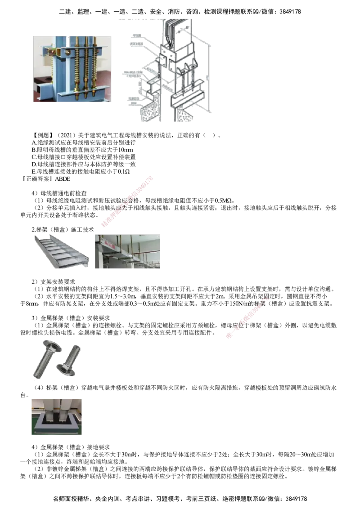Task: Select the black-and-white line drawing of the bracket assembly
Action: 171,70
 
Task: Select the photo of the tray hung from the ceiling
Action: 128,251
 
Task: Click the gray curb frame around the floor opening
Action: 56,425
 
